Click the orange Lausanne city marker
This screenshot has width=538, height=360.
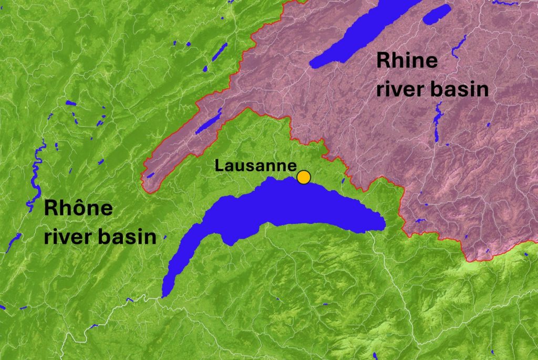[303, 177]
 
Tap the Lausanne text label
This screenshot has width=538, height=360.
[255, 166]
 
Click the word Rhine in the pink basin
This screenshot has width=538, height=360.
[407, 61]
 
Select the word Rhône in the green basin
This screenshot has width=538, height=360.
[78, 208]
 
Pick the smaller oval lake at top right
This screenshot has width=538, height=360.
[437, 14]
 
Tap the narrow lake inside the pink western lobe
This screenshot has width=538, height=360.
[209, 122]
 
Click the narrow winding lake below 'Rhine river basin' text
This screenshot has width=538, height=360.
[437, 124]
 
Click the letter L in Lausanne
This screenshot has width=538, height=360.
[219, 166]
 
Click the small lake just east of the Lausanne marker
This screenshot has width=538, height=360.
[343, 181]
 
